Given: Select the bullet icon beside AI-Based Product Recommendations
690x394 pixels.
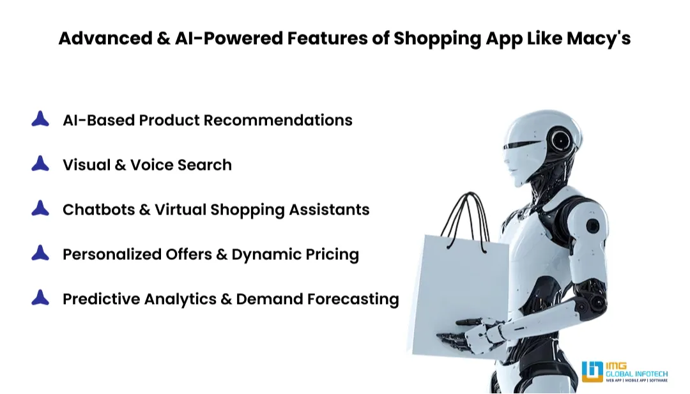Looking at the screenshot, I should coord(40,119).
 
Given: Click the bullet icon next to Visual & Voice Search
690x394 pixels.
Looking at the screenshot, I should coord(40,163).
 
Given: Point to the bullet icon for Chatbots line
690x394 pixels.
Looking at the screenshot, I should coord(40,208).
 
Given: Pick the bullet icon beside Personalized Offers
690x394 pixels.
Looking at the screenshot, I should coord(40,253).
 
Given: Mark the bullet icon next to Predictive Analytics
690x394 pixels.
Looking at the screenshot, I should coord(40,298).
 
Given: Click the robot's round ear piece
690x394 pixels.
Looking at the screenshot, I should coord(560,138).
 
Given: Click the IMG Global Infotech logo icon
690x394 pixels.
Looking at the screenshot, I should coord(592,372).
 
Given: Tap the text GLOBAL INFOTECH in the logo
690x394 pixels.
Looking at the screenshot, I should coord(636,372).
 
